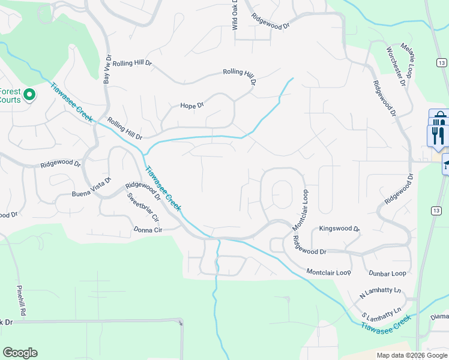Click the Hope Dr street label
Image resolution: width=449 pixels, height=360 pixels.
(x=192, y=105)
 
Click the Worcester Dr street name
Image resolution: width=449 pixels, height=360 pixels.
(x=396, y=66)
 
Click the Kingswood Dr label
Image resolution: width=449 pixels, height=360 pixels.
(x=339, y=229)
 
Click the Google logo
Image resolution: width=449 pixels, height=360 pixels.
(x=20, y=353)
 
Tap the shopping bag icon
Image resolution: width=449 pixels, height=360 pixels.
(x=439, y=116)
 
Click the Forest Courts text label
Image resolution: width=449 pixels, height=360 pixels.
(x=10, y=95)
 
